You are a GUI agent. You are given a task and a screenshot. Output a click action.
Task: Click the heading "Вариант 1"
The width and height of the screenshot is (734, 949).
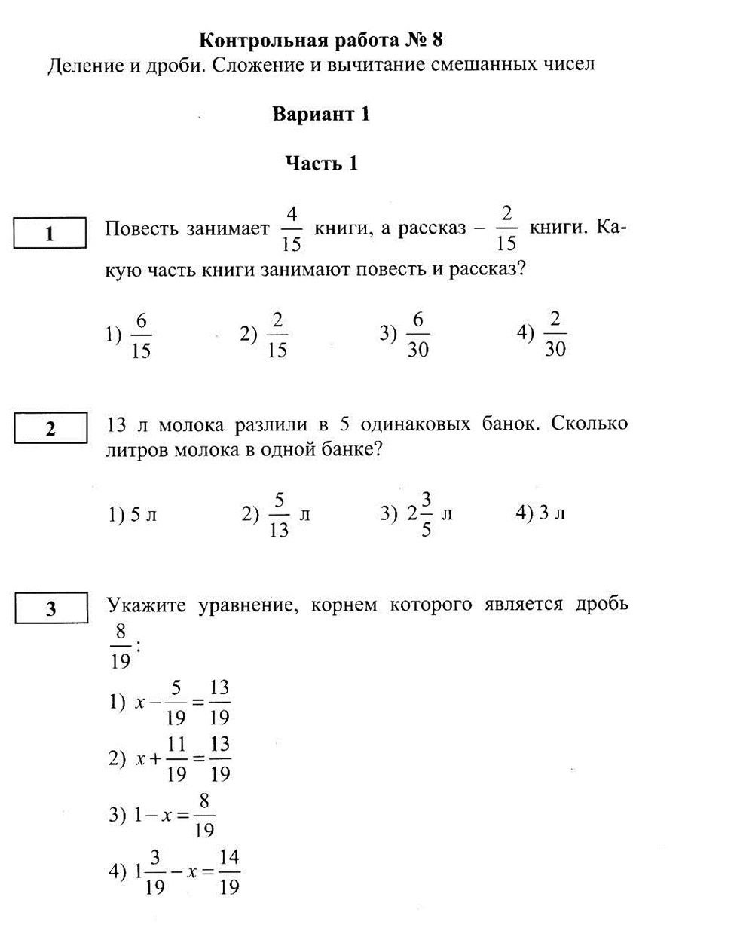tap(321, 115)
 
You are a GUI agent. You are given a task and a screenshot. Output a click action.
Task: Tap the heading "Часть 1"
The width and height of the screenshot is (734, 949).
tap(321, 164)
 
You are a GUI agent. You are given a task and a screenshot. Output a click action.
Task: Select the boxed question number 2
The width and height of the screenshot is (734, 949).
tap(50, 429)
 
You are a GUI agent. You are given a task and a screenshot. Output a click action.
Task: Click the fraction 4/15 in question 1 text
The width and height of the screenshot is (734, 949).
tap(292, 228)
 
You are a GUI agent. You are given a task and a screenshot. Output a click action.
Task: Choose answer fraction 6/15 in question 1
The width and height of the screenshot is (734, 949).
tap(141, 336)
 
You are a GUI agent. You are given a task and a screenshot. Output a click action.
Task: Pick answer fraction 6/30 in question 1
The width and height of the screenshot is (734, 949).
tap(417, 335)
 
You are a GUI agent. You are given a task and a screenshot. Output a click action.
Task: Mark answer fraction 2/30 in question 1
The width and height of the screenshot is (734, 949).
tap(555, 335)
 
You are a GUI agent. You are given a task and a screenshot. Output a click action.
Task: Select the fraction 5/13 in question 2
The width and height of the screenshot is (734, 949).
tap(278, 515)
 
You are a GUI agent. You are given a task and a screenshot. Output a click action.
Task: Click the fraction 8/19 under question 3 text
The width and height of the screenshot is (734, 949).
tap(121, 646)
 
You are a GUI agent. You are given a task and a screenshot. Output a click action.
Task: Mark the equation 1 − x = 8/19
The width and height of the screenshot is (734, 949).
tap(174, 815)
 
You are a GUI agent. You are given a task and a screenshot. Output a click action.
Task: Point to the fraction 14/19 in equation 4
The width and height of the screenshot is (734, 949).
tap(229, 872)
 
